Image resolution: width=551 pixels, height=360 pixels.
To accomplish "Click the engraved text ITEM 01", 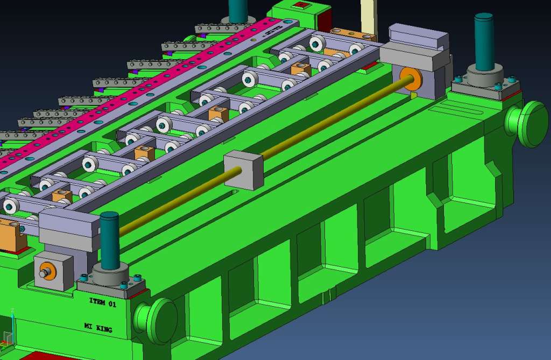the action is pos(103,302).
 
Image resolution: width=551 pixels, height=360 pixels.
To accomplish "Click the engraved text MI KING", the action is pos(98,328).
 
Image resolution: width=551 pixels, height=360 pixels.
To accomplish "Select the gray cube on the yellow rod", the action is pos(244,170).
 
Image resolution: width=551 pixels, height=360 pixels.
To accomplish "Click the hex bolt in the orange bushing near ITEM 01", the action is pos(45,272).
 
